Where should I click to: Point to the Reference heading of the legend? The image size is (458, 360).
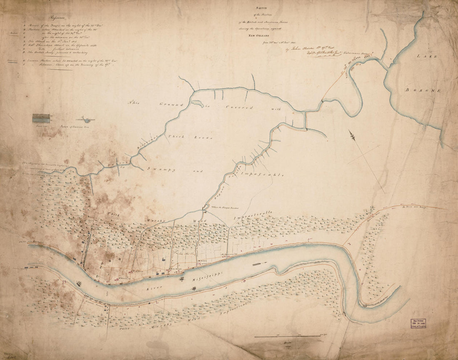point(59,17)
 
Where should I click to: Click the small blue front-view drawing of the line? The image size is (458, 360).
point(41,118)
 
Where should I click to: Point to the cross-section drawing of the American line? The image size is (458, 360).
point(85,120)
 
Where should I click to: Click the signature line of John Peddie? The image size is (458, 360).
point(309,50)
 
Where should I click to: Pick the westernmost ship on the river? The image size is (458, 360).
point(79,283)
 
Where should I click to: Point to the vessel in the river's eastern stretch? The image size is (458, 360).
point(258,264)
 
